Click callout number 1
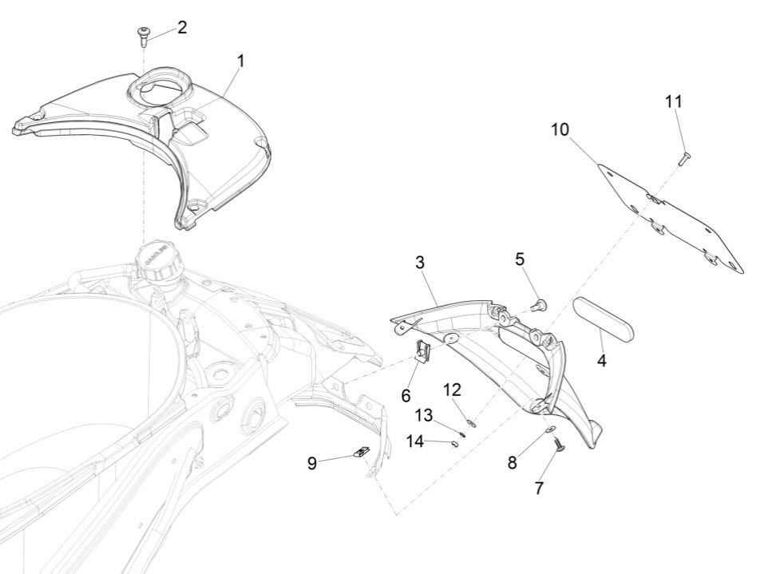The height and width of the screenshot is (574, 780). [x=240, y=61]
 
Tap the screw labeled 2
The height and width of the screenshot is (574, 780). [x=144, y=34]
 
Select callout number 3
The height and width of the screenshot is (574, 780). [x=420, y=262]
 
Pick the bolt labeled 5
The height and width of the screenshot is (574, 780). [x=540, y=304]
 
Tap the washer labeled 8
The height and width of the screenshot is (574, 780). [x=551, y=431]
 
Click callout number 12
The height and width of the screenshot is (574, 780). [x=452, y=390]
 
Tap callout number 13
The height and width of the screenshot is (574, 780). [x=423, y=415]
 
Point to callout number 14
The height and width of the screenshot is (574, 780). [x=415, y=440]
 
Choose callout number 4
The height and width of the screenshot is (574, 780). [x=601, y=361]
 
